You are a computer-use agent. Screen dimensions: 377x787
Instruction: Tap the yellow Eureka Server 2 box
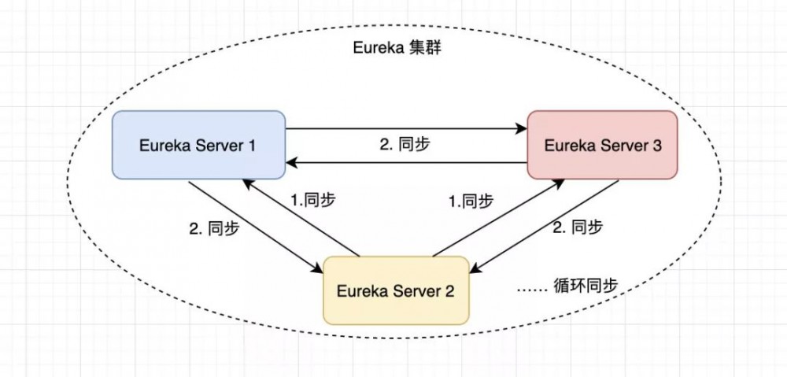396,290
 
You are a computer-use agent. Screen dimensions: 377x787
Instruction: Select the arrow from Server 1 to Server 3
405,128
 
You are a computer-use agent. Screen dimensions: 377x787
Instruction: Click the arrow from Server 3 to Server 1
405,163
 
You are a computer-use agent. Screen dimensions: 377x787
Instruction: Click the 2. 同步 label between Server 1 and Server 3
405,145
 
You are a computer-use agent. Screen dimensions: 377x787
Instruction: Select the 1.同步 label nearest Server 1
313,200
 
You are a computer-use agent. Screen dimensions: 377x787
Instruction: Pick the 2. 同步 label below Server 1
215,229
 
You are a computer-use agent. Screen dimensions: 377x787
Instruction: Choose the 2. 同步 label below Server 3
578,228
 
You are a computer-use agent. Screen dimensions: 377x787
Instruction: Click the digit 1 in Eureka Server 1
252,146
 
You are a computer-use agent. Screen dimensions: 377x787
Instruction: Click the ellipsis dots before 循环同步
532,290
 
